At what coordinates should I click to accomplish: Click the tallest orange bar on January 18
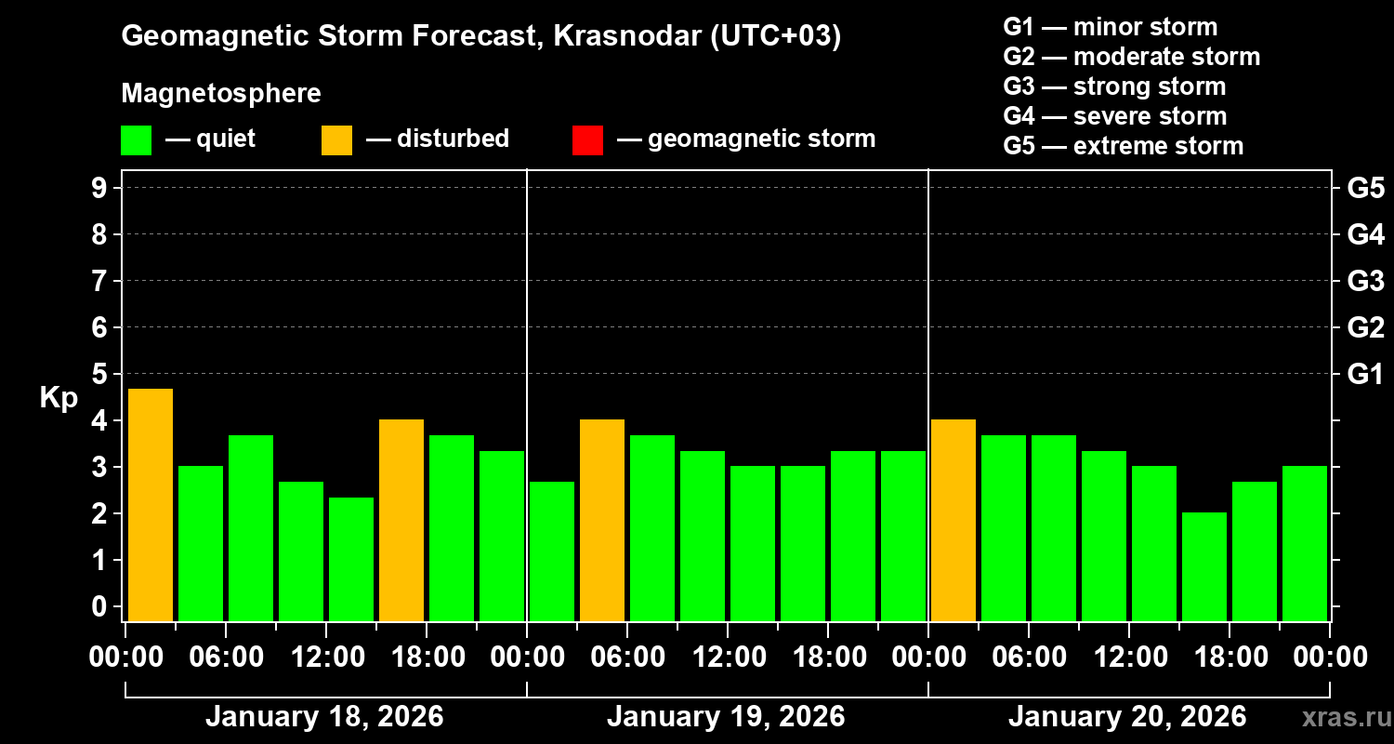tap(150, 504)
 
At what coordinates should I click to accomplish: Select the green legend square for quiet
tap(136, 139)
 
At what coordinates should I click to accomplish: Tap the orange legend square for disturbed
tap(336, 139)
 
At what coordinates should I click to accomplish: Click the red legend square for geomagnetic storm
tap(587, 139)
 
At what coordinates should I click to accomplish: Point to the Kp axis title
tap(59, 397)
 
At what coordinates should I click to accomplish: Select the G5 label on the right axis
tap(1365, 188)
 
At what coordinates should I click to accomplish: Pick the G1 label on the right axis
tap(1365, 374)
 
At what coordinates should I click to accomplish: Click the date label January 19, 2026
tap(726, 717)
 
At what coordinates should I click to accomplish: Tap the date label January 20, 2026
tap(1127, 717)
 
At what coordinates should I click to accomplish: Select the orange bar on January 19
tap(601, 520)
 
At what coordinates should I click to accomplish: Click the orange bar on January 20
tap(953, 520)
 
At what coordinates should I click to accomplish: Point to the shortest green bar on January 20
tap(1203, 566)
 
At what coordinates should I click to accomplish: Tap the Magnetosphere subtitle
tap(221, 94)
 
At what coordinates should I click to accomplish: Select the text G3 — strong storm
tap(1114, 86)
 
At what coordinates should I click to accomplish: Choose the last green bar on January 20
tap(1304, 543)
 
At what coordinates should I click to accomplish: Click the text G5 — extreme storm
tap(1123, 146)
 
